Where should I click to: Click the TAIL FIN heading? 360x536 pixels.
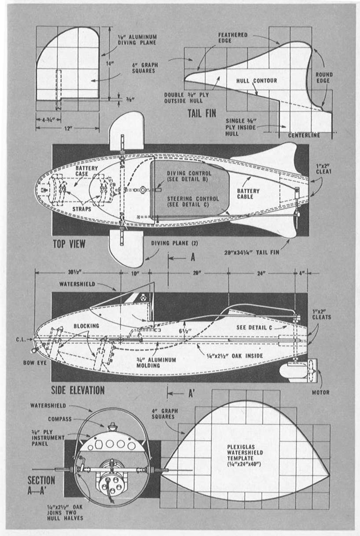[x=202, y=113]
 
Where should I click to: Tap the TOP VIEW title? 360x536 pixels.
[x=69, y=244]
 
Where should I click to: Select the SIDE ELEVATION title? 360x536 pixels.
[x=78, y=390]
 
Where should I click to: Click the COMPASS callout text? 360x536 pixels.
[x=59, y=419]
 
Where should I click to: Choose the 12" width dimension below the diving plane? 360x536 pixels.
[x=67, y=128]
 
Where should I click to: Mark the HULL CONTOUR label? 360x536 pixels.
[x=257, y=81]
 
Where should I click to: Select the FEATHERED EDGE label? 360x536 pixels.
[x=233, y=37]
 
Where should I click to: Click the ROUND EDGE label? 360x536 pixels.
[x=324, y=78]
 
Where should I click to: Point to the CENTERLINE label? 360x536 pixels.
[x=304, y=135]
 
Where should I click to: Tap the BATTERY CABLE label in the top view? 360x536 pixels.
[x=248, y=194]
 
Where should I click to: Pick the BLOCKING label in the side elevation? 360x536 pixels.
[x=77, y=326]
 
